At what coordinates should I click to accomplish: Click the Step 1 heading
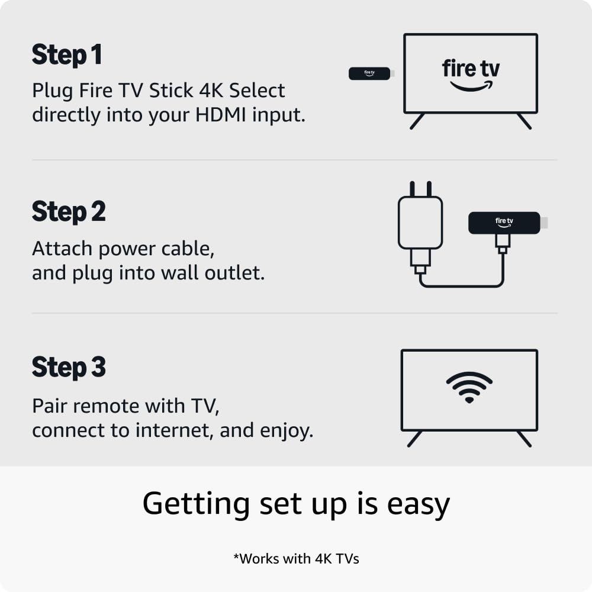click(x=67, y=55)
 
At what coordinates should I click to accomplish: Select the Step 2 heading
click(x=69, y=212)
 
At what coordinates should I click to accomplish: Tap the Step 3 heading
click(x=69, y=368)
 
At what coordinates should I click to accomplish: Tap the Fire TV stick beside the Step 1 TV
click(x=369, y=73)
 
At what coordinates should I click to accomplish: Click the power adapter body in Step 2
click(x=420, y=223)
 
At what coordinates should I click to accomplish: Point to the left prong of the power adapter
click(x=413, y=189)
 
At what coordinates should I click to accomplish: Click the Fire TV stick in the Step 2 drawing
click(x=504, y=223)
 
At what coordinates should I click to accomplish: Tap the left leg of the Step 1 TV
click(x=417, y=121)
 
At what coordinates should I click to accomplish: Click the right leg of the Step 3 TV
click(x=524, y=439)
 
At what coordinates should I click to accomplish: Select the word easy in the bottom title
click(x=418, y=504)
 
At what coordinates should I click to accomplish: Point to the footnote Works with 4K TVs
click(x=295, y=558)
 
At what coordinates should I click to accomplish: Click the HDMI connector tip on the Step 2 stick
click(x=544, y=223)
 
